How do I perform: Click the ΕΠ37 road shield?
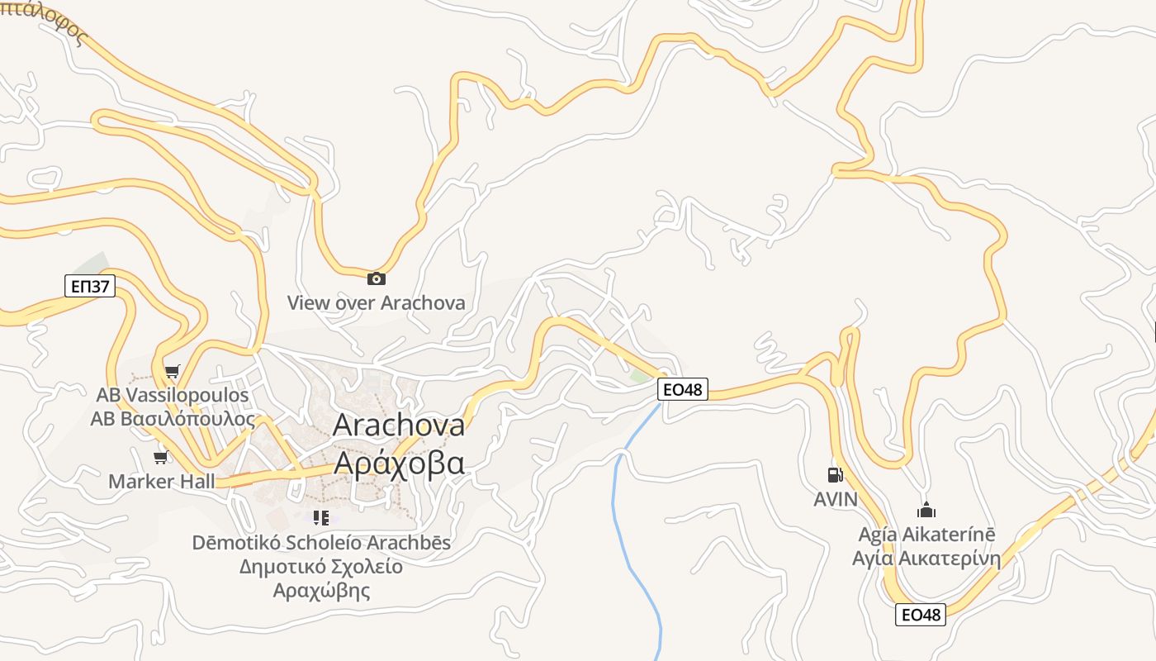click(90, 287)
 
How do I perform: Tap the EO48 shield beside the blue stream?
click(683, 388)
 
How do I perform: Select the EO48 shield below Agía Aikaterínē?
click(921, 615)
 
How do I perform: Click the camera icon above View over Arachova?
click(376, 278)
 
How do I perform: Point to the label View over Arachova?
click(376, 302)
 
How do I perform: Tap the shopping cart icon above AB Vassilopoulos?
click(172, 371)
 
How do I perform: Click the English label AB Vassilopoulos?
click(173, 395)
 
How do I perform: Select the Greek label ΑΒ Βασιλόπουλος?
click(173, 418)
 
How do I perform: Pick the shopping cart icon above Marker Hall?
click(160, 457)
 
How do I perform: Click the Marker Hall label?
click(162, 481)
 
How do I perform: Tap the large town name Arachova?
click(399, 425)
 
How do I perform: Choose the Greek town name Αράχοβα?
click(399, 463)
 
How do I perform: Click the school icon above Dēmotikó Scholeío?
click(321, 518)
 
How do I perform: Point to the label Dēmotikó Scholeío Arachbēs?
click(321, 543)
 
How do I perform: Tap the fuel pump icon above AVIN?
click(835, 475)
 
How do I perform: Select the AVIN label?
click(836, 499)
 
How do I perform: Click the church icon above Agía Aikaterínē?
click(926, 510)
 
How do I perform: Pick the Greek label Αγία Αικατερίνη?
click(926, 558)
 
